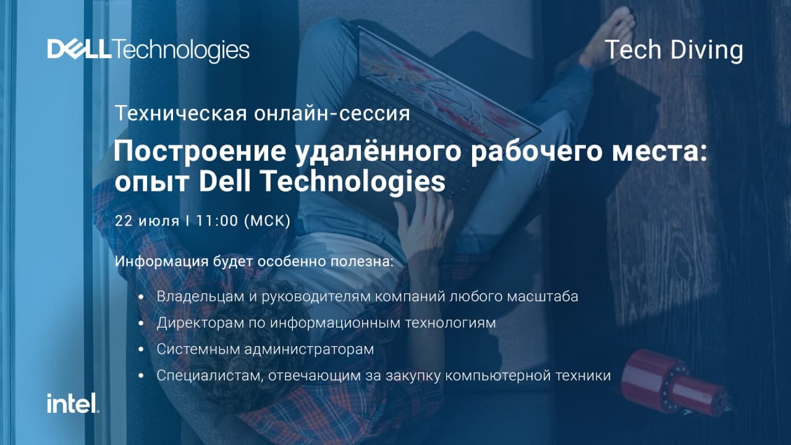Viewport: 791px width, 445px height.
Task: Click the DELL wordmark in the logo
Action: pyautogui.click(x=77, y=49)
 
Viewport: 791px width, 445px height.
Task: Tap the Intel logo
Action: pyautogui.click(x=73, y=403)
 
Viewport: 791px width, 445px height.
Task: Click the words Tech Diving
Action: pyautogui.click(x=674, y=51)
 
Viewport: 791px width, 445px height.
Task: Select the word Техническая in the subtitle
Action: pyautogui.click(x=180, y=113)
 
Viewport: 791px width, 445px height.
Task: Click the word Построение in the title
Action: pyautogui.click(x=200, y=152)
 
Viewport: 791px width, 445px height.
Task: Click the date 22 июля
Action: pyautogui.click(x=147, y=221)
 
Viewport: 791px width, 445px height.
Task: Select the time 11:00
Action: pyautogui.click(x=217, y=221)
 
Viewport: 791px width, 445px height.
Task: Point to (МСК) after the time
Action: pyautogui.click(x=267, y=221)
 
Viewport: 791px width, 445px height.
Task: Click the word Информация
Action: pyautogui.click(x=162, y=261)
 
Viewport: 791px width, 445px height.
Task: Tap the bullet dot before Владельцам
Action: pyautogui.click(x=142, y=297)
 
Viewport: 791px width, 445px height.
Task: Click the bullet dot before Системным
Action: pyautogui.click(x=142, y=349)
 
